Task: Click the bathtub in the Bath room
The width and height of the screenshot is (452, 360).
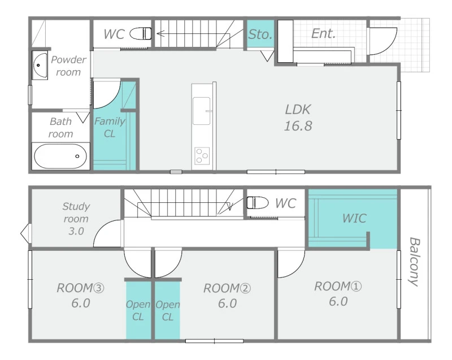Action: (x=60, y=156)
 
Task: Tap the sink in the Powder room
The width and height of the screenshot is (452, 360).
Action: (x=40, y=65)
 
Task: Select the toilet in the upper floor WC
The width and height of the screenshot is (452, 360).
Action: (x=140, y=33)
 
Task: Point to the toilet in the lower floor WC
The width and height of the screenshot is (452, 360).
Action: (x=258, y=202)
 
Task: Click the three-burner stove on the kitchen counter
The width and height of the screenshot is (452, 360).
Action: (x=202, y=156)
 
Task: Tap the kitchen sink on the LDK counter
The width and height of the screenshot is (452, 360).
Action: (x=202, y=111)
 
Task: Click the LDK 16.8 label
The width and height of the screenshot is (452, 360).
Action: (x=298, y=118)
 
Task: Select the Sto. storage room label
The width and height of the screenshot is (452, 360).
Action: (x=260, y=34)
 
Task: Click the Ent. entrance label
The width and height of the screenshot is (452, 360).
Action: (x=323, y=33)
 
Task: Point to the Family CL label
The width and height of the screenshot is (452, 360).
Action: (x=110, y=127)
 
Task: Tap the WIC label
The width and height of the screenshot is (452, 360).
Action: (x=354, y=218)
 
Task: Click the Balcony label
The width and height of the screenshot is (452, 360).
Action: (x=414, y=262)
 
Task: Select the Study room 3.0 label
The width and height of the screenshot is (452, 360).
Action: (x=76, y=219)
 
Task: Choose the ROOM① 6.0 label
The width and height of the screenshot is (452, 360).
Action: (x=338, y=294)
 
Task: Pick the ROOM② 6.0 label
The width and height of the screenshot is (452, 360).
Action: (x=227, y=296)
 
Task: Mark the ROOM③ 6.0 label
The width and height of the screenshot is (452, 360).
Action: (x=80, y=296)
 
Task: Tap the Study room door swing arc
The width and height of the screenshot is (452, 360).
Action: (x=102, y=228)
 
